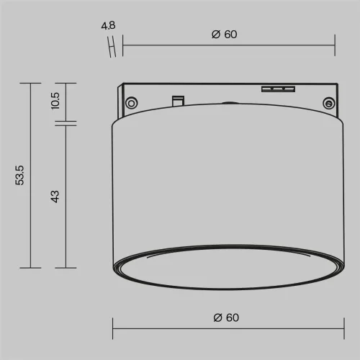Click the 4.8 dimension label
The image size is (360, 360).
[109, 27]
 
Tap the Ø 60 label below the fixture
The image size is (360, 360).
[225, 318]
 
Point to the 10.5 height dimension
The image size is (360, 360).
[55, 102]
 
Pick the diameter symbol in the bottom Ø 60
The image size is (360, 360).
[217, 318]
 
